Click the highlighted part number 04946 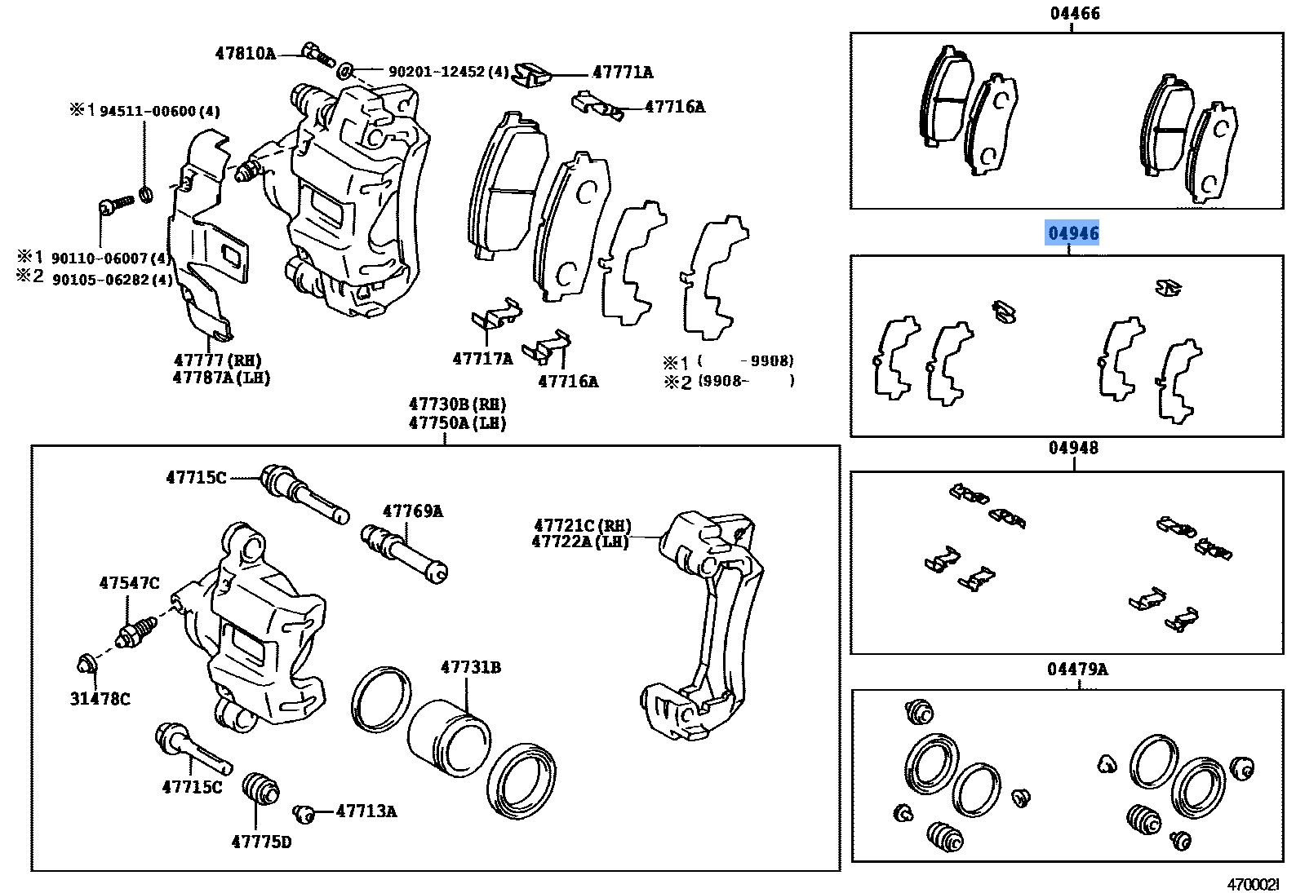coord(1073,233)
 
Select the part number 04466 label coord(1075,13)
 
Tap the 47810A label coord(245,54)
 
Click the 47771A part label coord(623,73)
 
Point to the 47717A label coord(482,359)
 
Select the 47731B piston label coord(471,667)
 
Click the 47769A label coord(413,511)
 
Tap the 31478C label coord(100,699)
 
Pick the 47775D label coord(261,842)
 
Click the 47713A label coord(366,811)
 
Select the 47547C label coord(129,583)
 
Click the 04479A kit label coord(1077,670)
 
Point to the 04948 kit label coord(1073,448)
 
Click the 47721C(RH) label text coord(583,526)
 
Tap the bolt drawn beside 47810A coord(317,55)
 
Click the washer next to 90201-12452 coord(345,71)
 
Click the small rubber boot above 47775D coord(260,788)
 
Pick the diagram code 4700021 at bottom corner coord(1254,884)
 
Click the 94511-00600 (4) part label coord(159,112)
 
